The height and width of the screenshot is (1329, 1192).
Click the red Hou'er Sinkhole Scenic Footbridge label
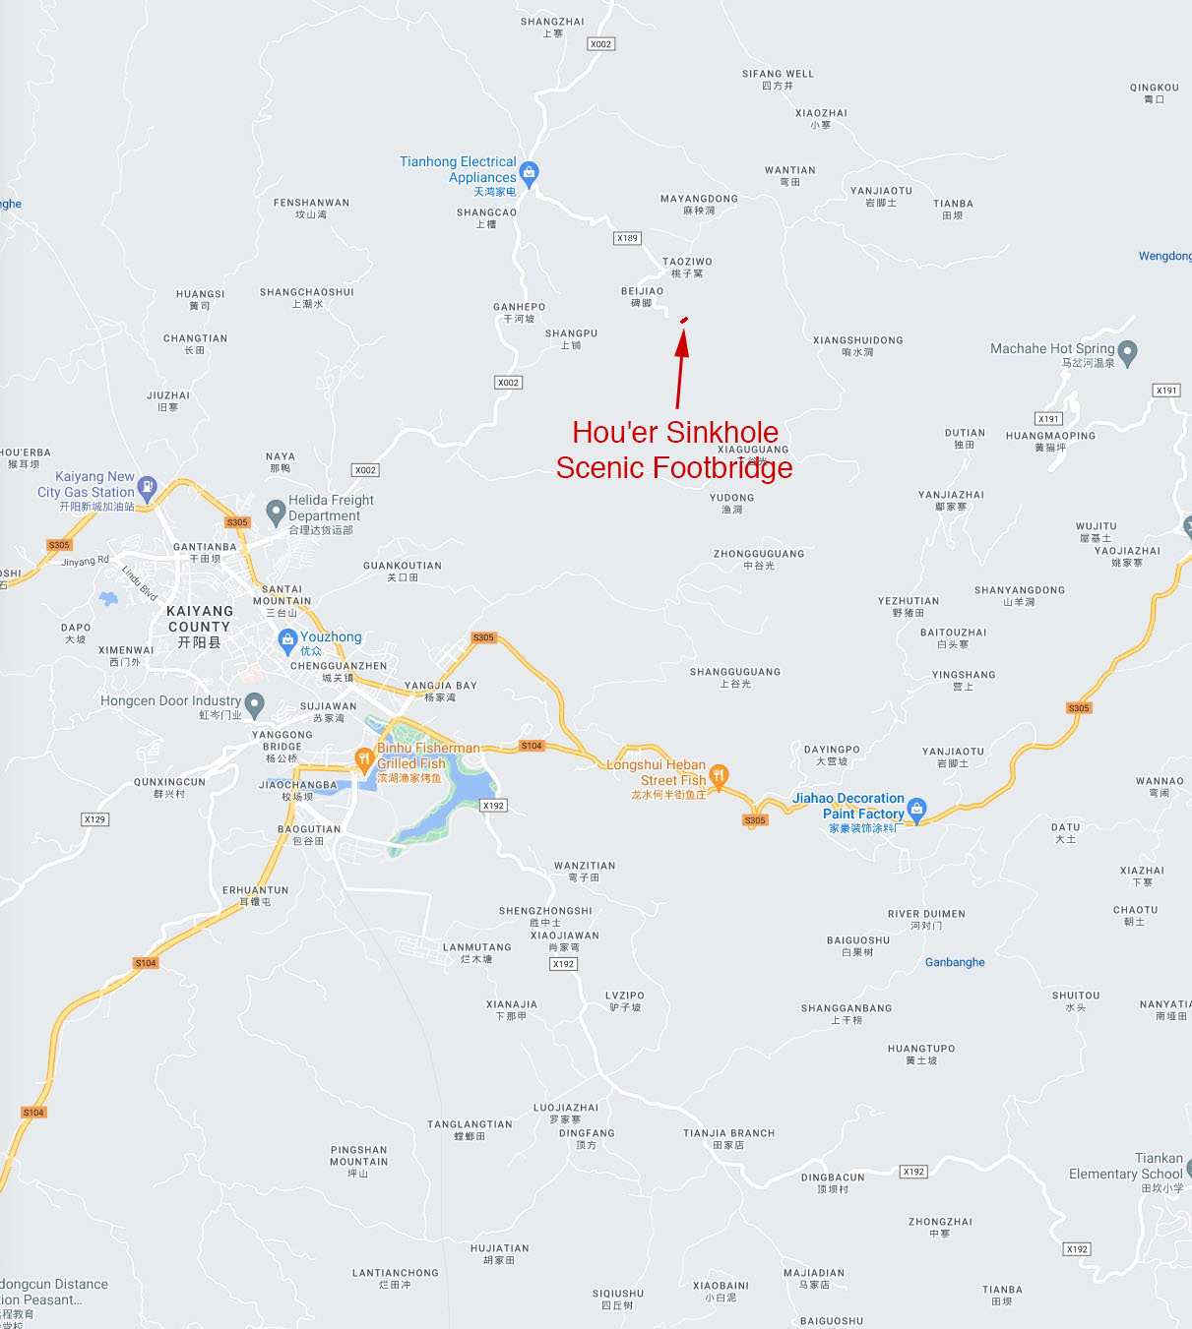pyautogui.click(x=674, y=450)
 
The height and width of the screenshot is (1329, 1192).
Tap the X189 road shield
pyautogui.click(x=627, y=238)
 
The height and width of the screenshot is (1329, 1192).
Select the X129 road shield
pyautogui.click(x=94, y=819)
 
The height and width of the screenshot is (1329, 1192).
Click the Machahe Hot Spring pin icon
pyautogui.click(x=1128, y=351)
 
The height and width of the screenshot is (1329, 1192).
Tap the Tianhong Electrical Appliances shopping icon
pyautogui.click(x=529, y=174)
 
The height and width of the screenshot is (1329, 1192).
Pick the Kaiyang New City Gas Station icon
pyautogui.click(x=148, y=485)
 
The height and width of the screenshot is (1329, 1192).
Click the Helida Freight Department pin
pyautogui.click(x=276, y=511)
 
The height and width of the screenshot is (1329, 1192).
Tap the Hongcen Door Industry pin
pyautogui.click(x=255, y=703)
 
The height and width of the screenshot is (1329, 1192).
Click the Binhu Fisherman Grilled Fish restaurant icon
pyautogui.click(x=363, y=757)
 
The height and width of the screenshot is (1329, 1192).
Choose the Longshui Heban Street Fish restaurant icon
pyautogui.click(x=719, y=775)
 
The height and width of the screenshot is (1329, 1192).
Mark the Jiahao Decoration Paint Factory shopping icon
pyautogui.click(x=916, y=809)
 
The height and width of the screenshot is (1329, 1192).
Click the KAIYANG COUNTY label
pyautogui.click(x=200, y=626)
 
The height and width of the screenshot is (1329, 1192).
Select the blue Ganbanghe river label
pyautogui.click(x=955, y=962)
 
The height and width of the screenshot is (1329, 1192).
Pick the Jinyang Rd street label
pyautogui.click(x=85, y=561)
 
